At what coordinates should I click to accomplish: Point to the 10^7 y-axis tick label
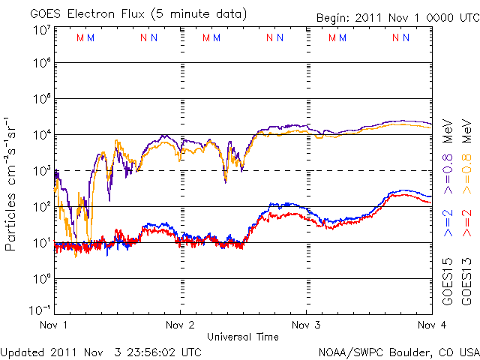pyautogui.click(x=41, y=29)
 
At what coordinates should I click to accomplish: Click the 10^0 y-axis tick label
pyautogui.click(x=41, y=279)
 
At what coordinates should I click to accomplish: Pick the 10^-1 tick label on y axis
pyautogui.click(x=40, y=309)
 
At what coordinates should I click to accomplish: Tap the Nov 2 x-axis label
pyautogui.click(x=181, y=325)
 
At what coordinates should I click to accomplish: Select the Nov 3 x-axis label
pyautogui.click(x=306, y=325)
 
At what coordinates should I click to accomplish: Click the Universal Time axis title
pyautogui.click(x=243, y=337)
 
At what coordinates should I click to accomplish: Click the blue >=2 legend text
pyautogui.click(x=448, y=223)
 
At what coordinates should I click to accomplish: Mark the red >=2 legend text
pyautogui.click(x=466, y=223)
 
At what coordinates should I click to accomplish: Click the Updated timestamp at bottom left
pyautogui.click(x=101, y=350)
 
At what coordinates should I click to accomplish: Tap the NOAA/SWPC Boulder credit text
pyautogui.click(x=398, y=350)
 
